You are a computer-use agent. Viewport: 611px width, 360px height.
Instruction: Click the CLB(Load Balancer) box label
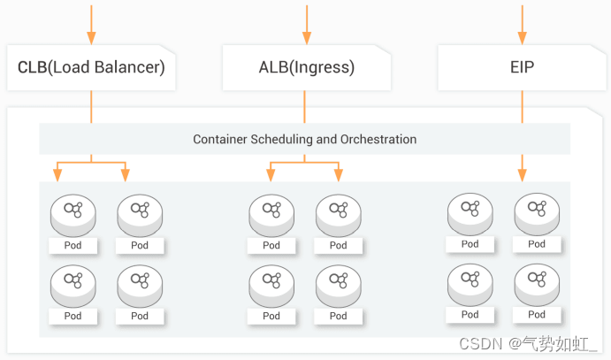click(x=91, y=67)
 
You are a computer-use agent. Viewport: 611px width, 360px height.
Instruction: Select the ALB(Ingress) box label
click(x=306, y=67)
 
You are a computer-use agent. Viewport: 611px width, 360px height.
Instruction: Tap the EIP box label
click(x=522, y=67)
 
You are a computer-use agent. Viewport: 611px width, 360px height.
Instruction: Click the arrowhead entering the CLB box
click(x=91, y=38)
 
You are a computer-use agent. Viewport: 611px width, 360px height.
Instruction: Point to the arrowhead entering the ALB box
click(x=307, y=38)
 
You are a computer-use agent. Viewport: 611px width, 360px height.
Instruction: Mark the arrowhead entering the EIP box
click(x=522, y=38)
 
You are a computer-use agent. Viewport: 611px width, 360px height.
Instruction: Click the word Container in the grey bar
click(x=220, y=140)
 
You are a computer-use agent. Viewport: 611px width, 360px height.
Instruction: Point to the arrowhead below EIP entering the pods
click(x=522, y=173)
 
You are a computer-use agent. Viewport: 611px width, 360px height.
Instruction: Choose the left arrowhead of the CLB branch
click(x=57, y=174)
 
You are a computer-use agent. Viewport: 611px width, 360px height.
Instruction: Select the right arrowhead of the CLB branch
click(x=125, y=174)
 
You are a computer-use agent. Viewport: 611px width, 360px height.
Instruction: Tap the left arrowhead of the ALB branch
click(x=271, y=174)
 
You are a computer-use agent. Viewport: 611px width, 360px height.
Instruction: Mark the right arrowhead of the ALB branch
click(x=339, y=174)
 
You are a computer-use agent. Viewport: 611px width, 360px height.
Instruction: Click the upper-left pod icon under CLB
click(x=73, y=212)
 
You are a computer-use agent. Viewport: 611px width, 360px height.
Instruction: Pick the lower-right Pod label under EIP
click(x=537, y=314)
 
